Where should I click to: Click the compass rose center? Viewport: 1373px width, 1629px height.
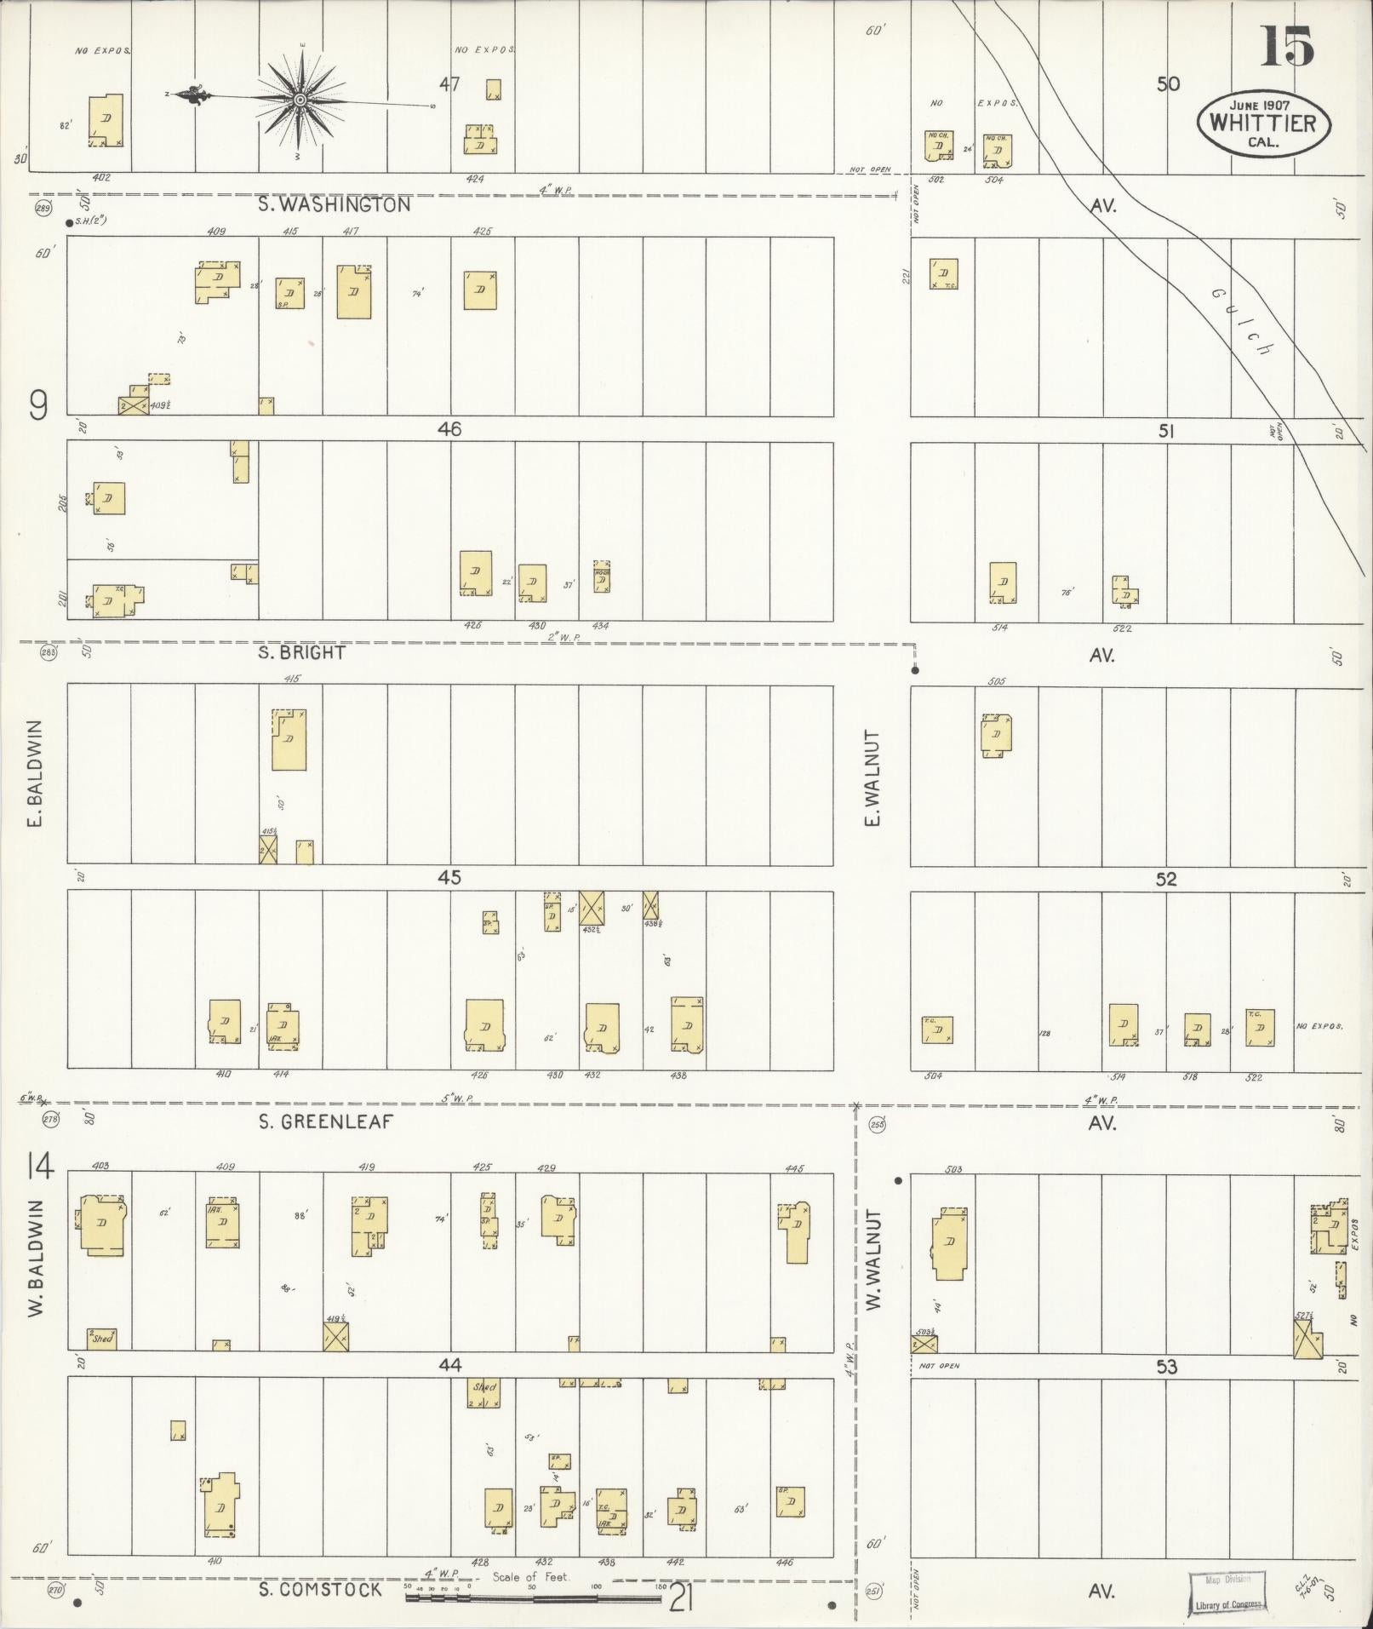(300, 101)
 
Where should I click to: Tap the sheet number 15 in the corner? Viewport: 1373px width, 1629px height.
(1286, 47)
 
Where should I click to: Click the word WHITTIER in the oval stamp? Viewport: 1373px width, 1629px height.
(1262, 123)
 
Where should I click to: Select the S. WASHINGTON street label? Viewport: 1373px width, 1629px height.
(335, 205)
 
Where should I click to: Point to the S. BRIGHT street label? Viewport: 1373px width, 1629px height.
(302, 653)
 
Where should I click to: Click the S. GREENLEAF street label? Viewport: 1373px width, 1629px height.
(326, 1122)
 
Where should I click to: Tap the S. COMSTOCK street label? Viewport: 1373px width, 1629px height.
(321, 1589)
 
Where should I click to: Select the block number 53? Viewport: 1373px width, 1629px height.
(1166, 1367)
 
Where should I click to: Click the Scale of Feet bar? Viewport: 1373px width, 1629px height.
(533, 1598)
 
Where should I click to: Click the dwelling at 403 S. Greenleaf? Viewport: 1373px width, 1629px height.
(102, 1225)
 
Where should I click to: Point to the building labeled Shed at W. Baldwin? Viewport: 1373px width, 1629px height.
(101, 1338)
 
